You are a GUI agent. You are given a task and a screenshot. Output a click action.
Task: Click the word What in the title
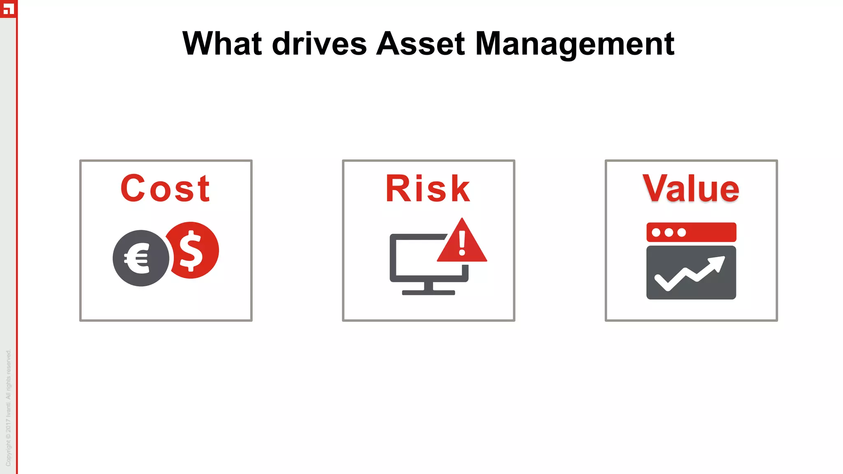222,44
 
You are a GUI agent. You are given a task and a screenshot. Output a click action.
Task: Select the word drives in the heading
319,44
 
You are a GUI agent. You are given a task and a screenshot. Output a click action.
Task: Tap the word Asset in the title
420,44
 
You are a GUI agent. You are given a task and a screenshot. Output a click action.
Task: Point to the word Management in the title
575,44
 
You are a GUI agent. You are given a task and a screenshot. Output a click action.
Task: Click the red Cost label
165,188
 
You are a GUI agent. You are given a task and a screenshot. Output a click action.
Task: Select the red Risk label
428,188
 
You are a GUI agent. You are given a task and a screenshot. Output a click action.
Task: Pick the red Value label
691,188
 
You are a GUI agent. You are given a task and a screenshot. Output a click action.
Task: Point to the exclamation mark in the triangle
462,243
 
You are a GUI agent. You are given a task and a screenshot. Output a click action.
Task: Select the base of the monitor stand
428,293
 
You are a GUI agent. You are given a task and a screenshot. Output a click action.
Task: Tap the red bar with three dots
691,232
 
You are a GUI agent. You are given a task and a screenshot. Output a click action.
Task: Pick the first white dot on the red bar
656,232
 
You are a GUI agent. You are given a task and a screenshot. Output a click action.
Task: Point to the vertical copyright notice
8,407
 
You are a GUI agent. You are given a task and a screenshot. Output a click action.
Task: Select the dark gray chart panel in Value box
691,272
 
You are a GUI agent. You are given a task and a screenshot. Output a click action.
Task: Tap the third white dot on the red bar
682,232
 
